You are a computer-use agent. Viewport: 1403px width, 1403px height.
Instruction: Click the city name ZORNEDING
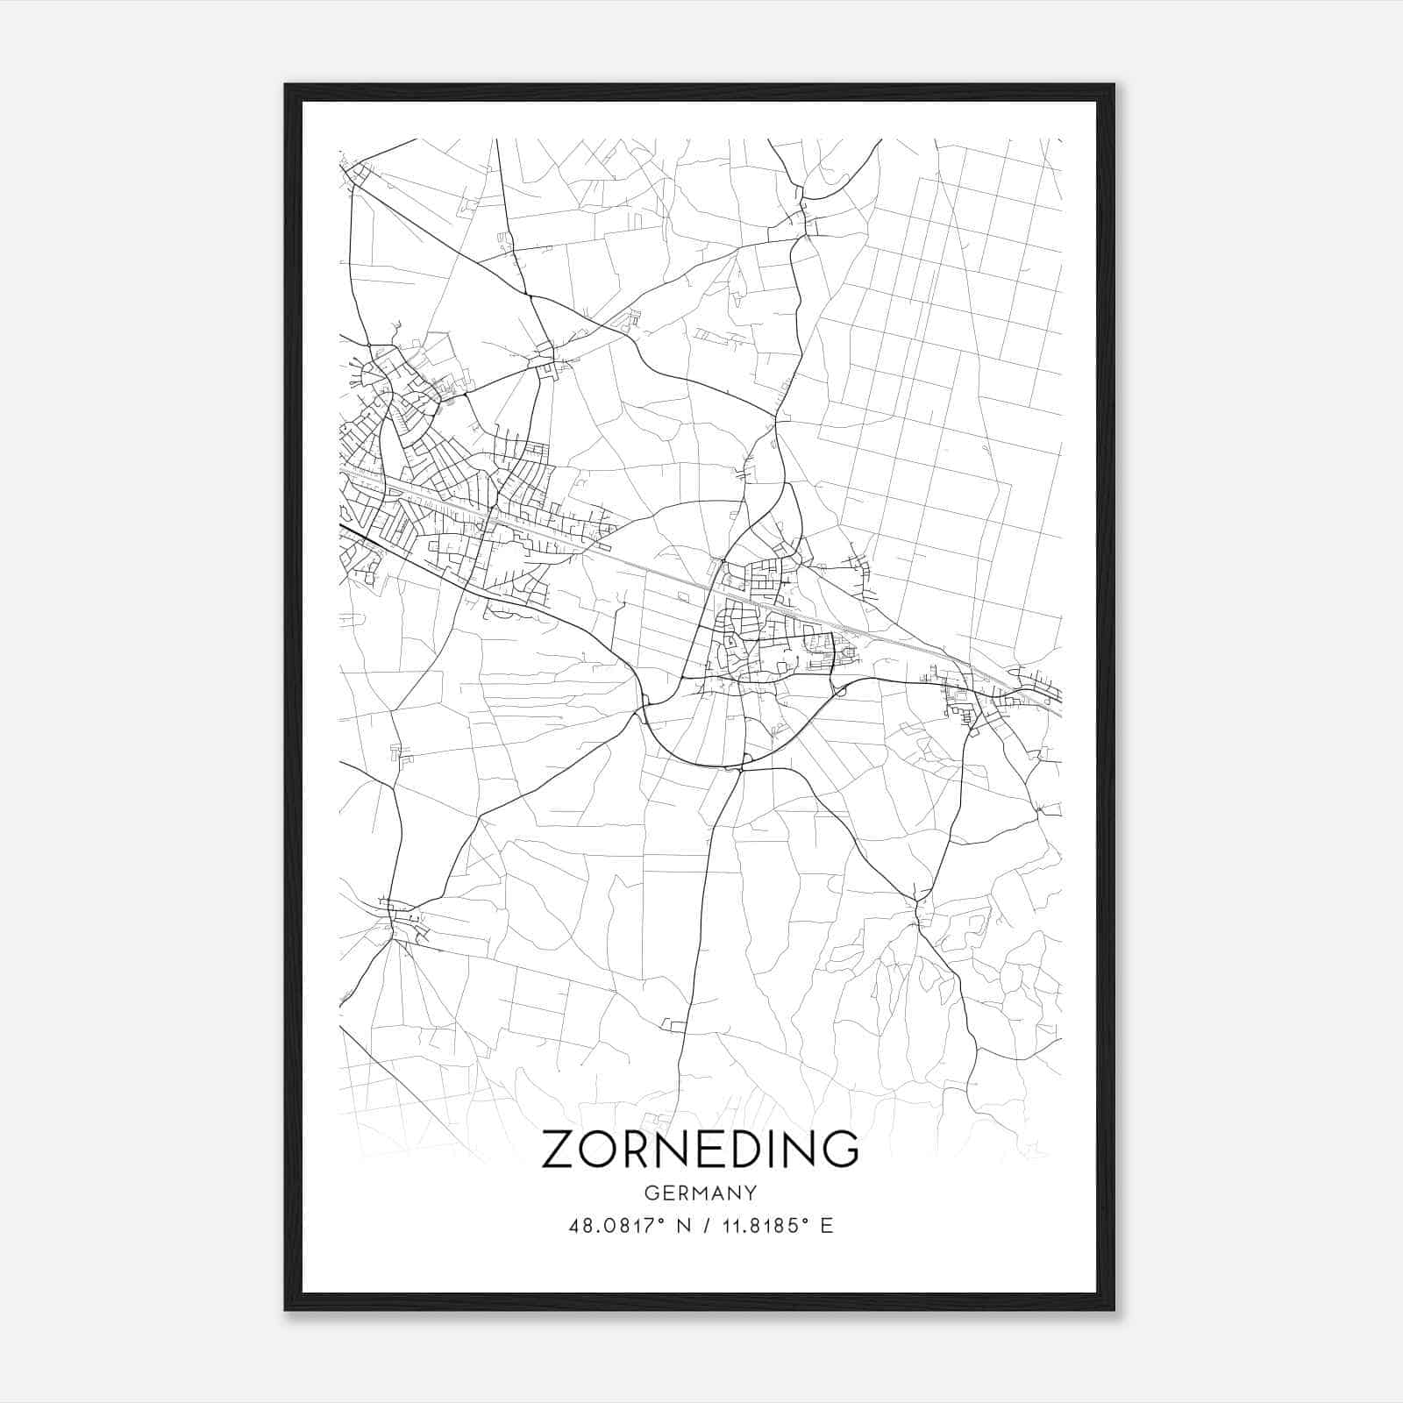(700, 1149)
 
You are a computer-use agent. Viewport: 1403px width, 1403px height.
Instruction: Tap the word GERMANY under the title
(701, 1193)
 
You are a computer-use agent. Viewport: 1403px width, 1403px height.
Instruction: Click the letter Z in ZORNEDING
(559, 1149)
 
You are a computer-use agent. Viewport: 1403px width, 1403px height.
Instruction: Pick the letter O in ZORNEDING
(597, 1149)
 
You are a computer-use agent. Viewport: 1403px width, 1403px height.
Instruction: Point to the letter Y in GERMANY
(751, 1193)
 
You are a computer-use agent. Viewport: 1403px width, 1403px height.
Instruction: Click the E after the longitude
(826, 1226)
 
